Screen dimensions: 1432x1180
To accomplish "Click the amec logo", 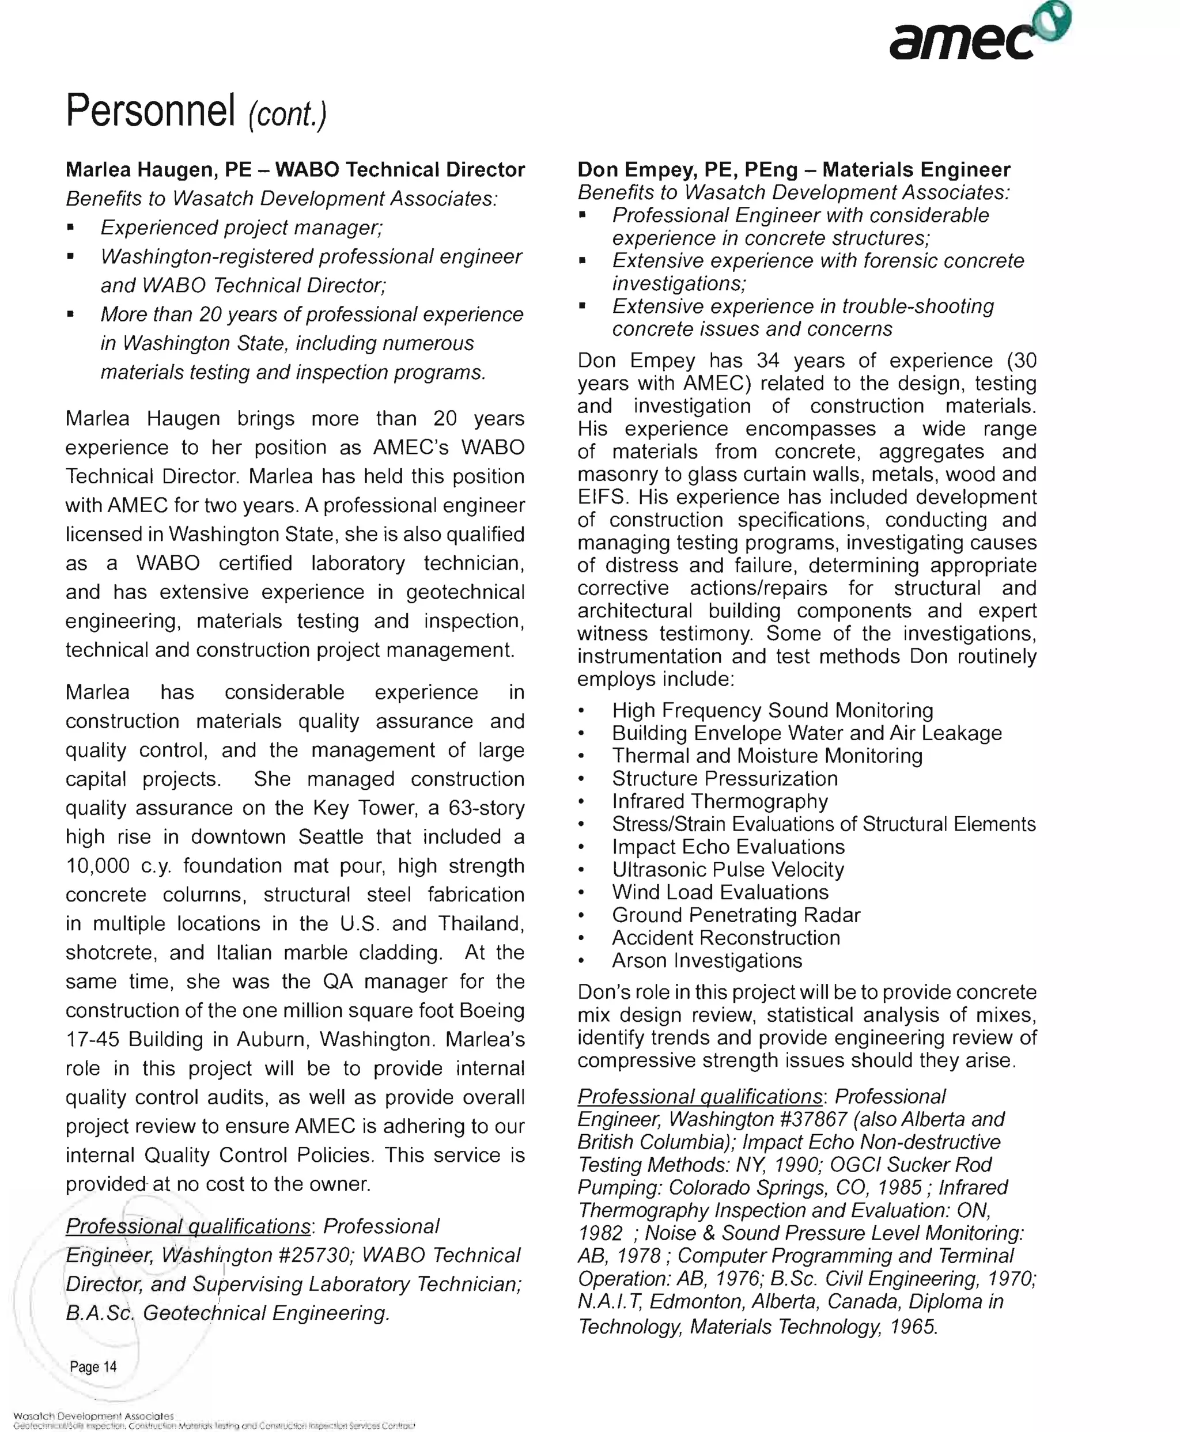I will [979, 34].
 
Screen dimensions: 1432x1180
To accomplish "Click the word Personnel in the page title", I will [150, 110].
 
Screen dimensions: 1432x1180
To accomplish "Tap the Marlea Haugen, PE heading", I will [158, 169].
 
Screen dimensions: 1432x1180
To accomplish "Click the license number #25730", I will [316, 1255].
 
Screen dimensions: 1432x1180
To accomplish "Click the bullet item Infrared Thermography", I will [719, 801].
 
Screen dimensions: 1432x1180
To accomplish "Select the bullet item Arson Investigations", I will [706, 960].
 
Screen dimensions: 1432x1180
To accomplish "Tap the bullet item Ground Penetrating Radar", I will [735, 915].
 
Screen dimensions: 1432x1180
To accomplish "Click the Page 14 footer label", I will [93, 1366].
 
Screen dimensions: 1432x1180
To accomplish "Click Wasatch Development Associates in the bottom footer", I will [93, 1416].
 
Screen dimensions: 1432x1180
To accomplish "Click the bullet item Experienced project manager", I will [241, 227].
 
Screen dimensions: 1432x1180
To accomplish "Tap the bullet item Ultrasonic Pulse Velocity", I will [727, 869].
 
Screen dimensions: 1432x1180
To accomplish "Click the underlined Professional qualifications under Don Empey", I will [699, 1096].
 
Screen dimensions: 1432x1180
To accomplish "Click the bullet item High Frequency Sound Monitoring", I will [772, 710].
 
